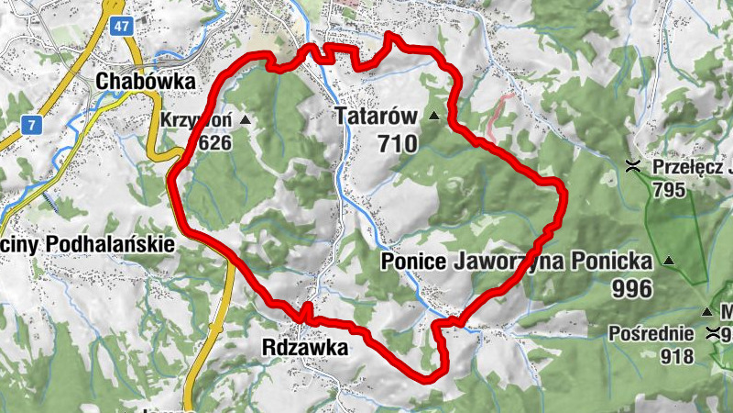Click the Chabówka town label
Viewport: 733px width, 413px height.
pyautogui.click(x=146, y=81)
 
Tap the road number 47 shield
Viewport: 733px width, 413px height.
pyautogui.click(x=122, y=27)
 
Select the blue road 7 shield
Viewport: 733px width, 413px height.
pyautogui.click(x=32, y=123)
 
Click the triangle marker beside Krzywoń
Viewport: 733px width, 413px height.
pyautogui.click(x=245, y=120)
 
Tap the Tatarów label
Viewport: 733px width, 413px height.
pyautogui.click(x=376, y=117)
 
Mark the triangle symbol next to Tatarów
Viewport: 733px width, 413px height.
pyautogui.click(x=432, y=117)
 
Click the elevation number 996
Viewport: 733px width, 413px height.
pyautogui.click(x=632, y=289)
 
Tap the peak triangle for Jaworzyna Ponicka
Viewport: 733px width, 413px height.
pyautogui.click(x=669, y=262)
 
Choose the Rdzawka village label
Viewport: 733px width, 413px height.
pyautogui.click(x=304, y=349)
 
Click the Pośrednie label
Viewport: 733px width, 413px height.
pyautogui.click(x=651, y=333)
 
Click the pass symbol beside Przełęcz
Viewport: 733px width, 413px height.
pyautogui.click(x=632, y=167)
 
